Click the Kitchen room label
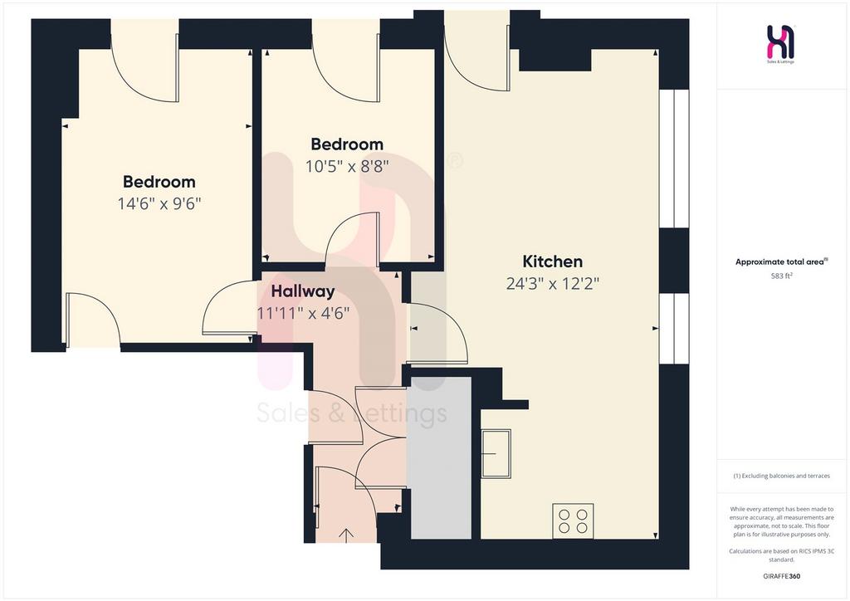pyautogui.click(x=552, y=261)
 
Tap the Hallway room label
pyautogui.click(x=303, y=291)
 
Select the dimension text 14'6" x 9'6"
pyautogui.click(x=159, y=203)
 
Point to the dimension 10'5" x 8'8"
pyautogui.click(x=347, y=166)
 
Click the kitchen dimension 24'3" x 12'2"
pyautogui.click(x=552, y=283)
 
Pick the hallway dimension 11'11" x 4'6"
pyautogui.click(x=303, y=313)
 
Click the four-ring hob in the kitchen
pyautogui.click(x=573, y=520)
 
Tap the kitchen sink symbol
pyautogui.click(x=496, y=453)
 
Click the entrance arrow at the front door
pyautogui.click(x=346, y=535)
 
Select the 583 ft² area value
pyautogui.click(x=782, y=276)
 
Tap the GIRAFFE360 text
pyautogui.click(x=782, y=576)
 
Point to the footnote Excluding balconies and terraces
pyautogui.click(x=782, y=476)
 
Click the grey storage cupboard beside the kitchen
pyautogui.click(x=439, y=458)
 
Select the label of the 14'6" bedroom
pyautogui.click(x=159, y=182)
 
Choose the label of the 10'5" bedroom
pyautogui.click(x=347, y=144)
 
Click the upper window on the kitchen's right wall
pyautogui.click(x=674, y=159)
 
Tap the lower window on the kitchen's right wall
pyautogui.click(x=674, y=329)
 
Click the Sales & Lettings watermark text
pyautogui.click(x=352, y=413)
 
